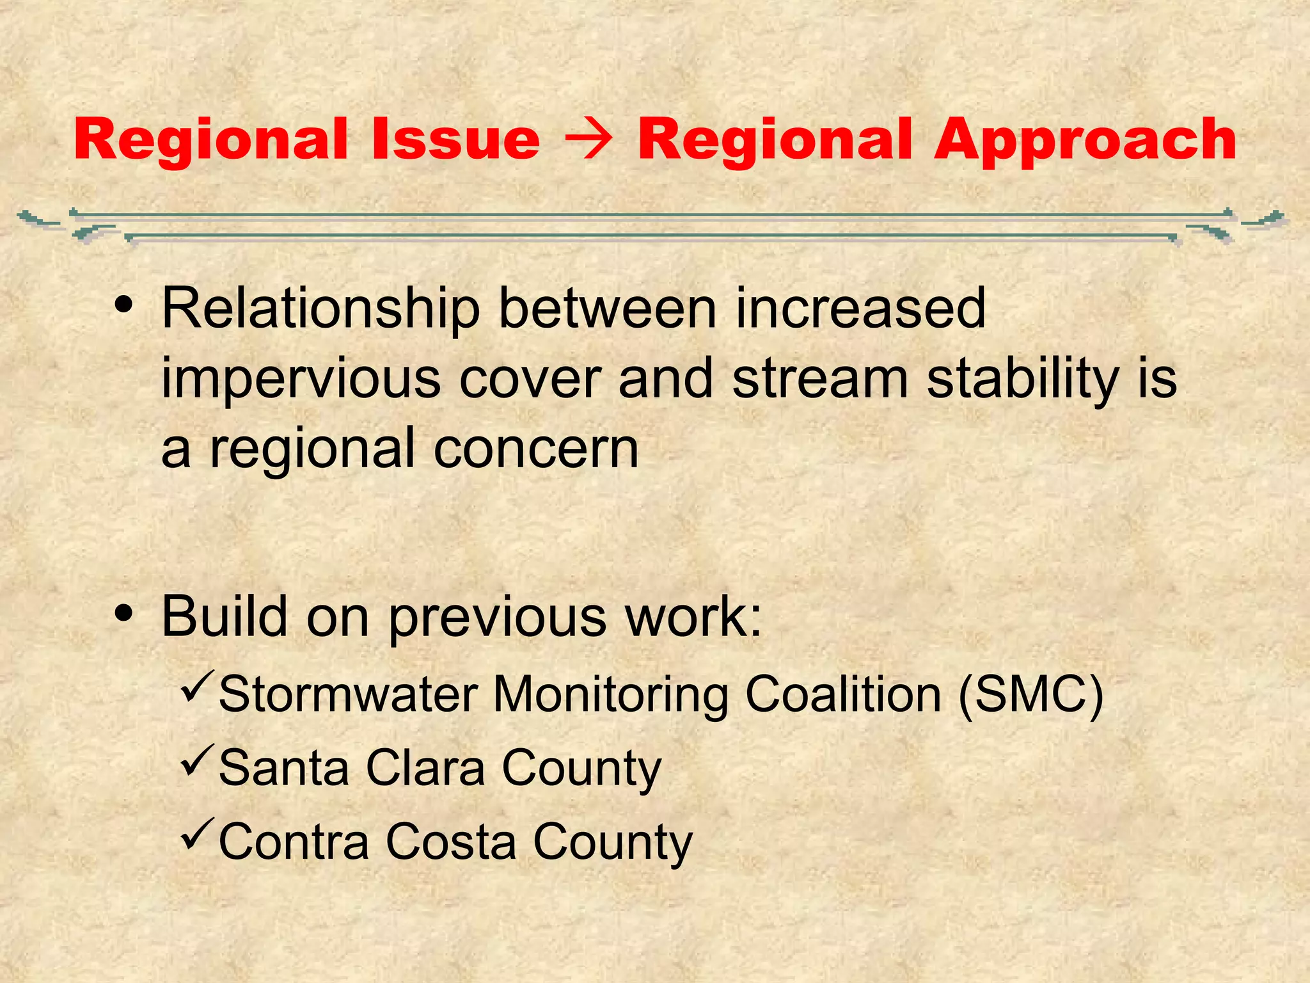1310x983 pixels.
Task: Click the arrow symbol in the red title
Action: tap(588, 140)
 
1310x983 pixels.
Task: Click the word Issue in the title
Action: tap(455, 139)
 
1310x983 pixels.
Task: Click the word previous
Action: tap(497, 618)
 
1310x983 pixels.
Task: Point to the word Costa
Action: tap(450, 842)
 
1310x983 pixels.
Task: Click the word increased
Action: tap(860, 308)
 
